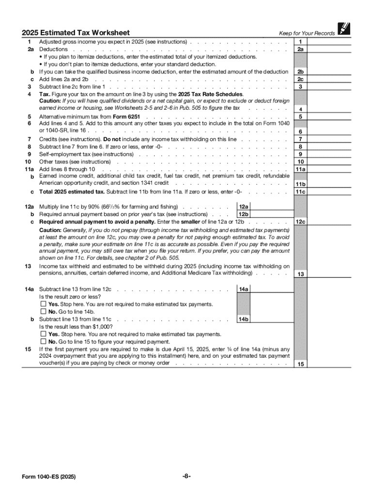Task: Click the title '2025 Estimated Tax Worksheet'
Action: point(76,33)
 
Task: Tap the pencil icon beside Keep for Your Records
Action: point(344,29)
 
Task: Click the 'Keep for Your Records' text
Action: point(307,33)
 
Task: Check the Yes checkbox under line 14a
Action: point(43,304)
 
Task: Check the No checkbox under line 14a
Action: point(43,312)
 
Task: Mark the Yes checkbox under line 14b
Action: point(43,334)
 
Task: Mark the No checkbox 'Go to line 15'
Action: point(43,341)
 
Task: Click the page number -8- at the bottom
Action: point(186,476)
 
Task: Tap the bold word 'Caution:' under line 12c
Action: point(50,230)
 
